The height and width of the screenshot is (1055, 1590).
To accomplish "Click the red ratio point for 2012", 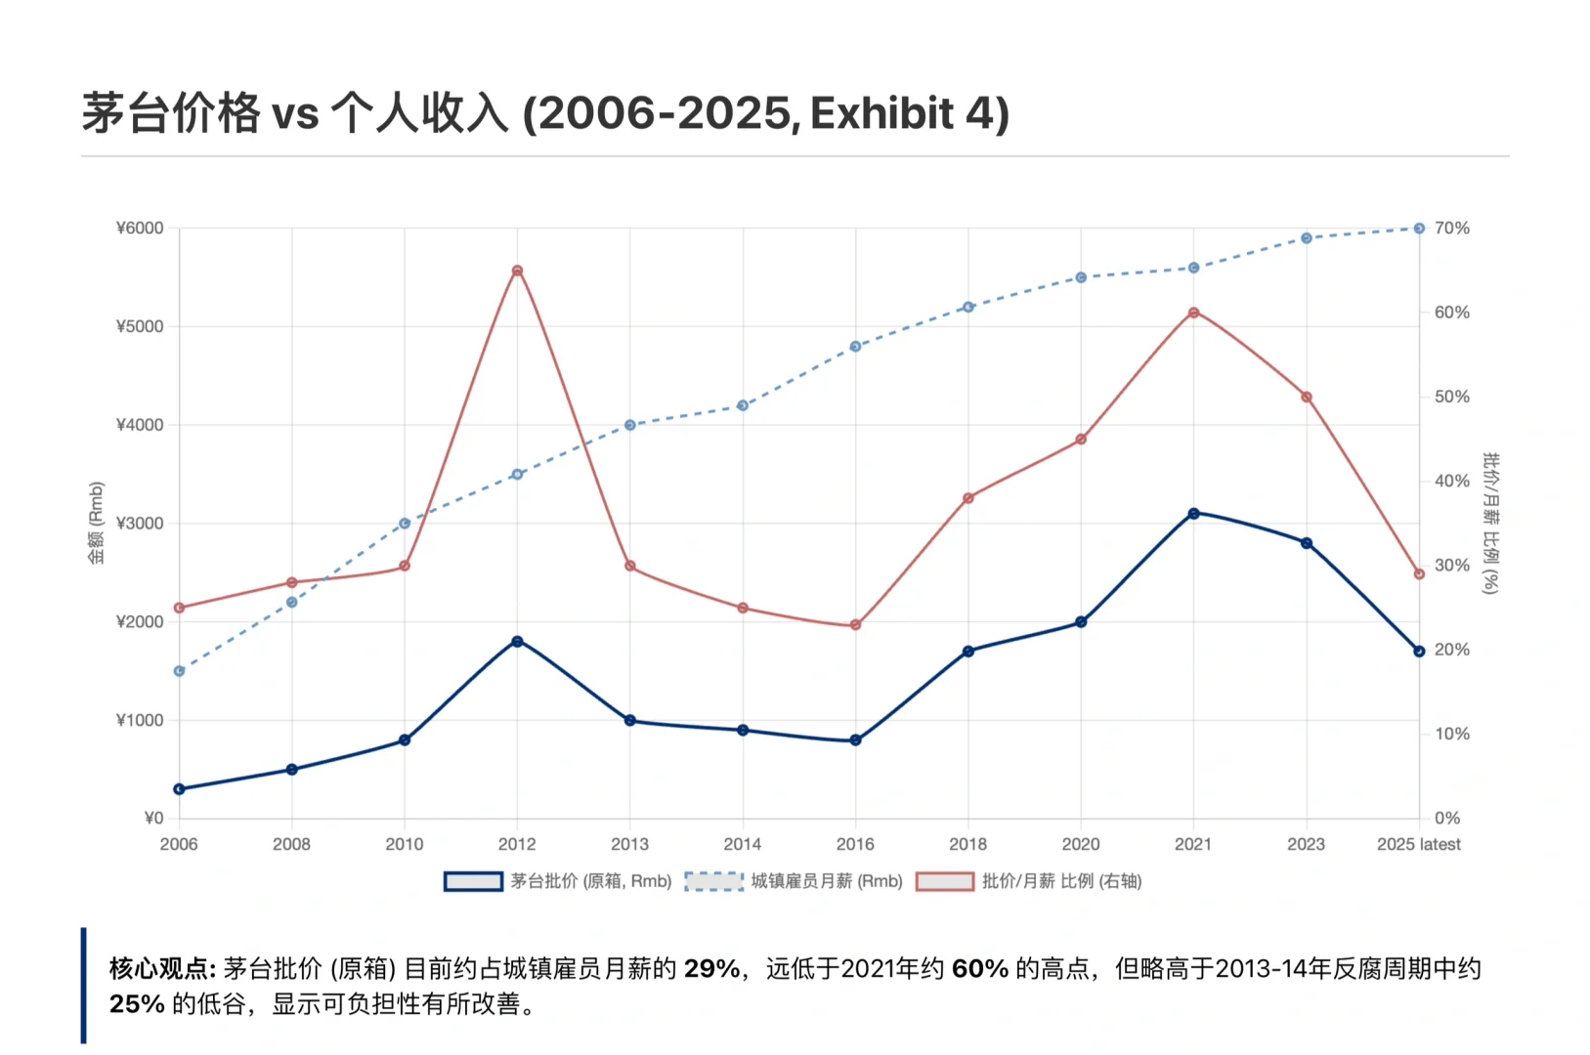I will [x=517, y=271].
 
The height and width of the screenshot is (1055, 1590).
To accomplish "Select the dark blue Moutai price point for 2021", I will [x=1193, y=513].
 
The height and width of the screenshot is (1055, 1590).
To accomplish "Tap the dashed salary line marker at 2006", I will [x=179, y=671].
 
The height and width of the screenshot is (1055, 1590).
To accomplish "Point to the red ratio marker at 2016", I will [x=855, y=625].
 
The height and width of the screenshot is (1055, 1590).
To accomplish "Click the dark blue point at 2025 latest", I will [x=1419, y=652].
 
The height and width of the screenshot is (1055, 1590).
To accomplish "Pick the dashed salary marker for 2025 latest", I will [x=1419, y=229].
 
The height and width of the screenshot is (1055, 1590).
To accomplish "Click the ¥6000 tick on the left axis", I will [x=140, y=229].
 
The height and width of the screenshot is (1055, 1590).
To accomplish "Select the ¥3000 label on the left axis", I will [x=140, y=524].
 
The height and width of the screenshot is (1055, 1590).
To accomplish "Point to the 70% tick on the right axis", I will [x=1451, y=229].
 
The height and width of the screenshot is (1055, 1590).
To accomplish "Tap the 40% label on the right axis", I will [x=1451, y=482].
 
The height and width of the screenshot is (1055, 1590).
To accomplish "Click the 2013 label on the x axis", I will [x=629, y=844].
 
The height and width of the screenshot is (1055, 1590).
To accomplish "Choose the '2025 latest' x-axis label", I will [x=1418, y=844].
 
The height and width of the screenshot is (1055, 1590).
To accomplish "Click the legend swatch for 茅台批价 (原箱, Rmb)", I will [x=473, y=881].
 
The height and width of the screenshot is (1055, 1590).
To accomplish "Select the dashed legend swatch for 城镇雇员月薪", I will [x=714, y=881].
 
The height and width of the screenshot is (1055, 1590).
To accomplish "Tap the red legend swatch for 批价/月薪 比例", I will [x=945, y=881].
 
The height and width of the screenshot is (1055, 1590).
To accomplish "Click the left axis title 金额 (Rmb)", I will [x=96, y=524].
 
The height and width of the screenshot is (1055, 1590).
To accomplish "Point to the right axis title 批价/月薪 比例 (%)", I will [x=1489, y=524].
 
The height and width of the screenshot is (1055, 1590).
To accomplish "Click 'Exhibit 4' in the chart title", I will [x=908, y=114].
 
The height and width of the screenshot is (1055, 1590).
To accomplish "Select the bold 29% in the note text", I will [x=711, y=969].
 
